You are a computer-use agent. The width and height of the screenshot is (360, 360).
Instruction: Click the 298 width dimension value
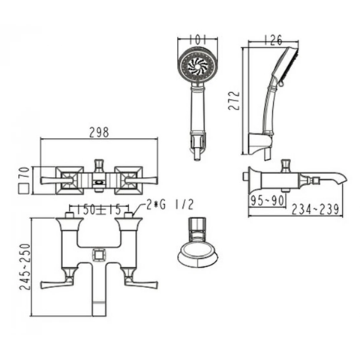tap(98, 132)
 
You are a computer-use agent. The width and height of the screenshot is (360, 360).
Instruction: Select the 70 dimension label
tap(23, 171)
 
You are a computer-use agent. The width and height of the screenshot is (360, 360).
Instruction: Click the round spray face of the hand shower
tap(198, 65)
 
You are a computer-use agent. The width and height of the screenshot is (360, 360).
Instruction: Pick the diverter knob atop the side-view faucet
tap(285, 165)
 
